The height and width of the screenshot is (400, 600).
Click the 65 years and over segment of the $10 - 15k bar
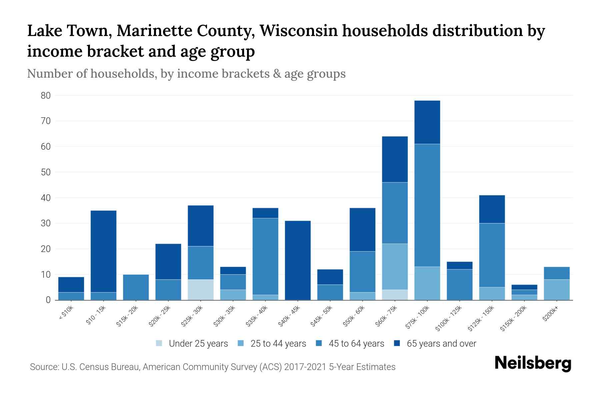[103, 251]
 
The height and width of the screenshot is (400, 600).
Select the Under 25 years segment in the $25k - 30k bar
[201, 290]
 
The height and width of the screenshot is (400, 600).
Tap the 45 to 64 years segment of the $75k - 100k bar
[427, 205]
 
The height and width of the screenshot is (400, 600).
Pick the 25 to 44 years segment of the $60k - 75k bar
[395, 267]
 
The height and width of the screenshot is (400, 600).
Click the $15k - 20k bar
[136, 287]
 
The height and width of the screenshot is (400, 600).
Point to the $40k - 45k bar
[298, 260]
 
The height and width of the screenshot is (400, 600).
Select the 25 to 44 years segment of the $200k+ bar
[557, 290]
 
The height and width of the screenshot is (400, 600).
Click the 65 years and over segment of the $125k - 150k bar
[492, 209]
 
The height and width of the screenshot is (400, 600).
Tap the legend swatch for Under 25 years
[159, 343]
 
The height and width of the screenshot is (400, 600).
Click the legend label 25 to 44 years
[278, 343]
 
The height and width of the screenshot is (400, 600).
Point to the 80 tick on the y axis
[46, 96]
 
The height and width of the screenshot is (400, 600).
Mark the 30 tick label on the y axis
[46, 223]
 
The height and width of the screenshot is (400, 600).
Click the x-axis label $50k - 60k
[354, 316]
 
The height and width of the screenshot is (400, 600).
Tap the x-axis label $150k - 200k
[513, 319]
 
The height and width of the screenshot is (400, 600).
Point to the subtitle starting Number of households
[186, 74]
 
